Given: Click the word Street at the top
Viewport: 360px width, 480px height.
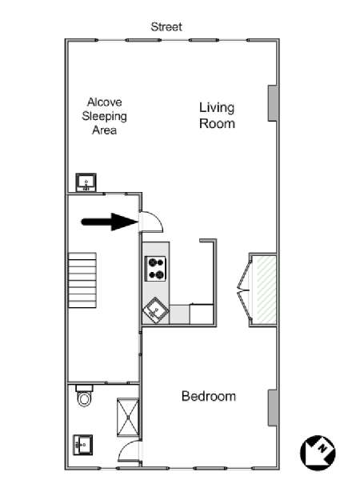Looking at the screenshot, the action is (166, 27).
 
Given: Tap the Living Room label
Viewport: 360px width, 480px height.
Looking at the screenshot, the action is (217, 116).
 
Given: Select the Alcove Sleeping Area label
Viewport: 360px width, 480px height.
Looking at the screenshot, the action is (104, 116).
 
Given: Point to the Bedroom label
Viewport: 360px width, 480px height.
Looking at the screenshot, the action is (209, 396).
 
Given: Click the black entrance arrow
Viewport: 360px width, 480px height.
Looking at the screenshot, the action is (110, 222).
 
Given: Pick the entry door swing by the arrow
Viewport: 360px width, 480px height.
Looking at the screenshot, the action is (151, 222).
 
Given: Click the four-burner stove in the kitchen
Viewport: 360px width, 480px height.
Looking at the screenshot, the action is (155, 269).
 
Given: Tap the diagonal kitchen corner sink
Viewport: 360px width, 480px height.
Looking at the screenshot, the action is (156, 310).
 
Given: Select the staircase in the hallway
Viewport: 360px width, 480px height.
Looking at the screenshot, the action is (82, 280).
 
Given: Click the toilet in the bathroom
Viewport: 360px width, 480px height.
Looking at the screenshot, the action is (84, 396).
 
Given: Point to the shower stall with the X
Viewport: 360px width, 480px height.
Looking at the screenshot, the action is (128, 417).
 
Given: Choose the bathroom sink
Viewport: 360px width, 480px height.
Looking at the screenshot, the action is (82, 445).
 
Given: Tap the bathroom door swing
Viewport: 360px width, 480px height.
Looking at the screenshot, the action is (130, 451).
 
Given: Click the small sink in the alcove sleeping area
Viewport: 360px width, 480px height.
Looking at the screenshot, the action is (86, 182).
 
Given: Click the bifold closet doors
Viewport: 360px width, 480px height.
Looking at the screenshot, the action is (244, 290).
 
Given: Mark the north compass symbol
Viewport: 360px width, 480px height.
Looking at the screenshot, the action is (318, 453).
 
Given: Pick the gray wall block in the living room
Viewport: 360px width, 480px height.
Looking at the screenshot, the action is (273, 103).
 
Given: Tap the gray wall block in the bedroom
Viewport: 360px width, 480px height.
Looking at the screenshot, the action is (273, 408).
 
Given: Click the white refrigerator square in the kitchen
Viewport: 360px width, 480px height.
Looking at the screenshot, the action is (202, 314).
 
